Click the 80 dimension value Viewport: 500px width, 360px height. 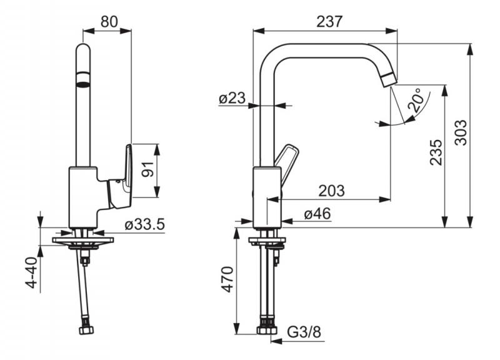click(x=109, y=22)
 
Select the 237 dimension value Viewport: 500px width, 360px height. click(x=329, y=22)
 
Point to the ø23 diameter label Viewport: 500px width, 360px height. click(x=232, y=98)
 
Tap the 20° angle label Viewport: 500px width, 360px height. click(x=417, y=99)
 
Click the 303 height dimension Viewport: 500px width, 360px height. click(x=461, y=132)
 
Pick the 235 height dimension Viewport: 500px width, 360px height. click(x=436, y=152)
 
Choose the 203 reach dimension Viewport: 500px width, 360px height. click(x=332, y=191)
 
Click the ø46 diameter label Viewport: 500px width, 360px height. click(x=317, y=214)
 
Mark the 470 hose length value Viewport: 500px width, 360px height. click(x=227, y=279)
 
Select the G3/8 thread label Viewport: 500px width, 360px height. click(x=304, y=332)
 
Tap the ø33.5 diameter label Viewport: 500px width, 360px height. click(x=144, y=224)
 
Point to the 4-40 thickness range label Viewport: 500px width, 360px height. click(x=32, y=272)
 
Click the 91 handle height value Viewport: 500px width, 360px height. click(x=147, y=169)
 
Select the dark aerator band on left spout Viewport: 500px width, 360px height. click(x=83, y=79)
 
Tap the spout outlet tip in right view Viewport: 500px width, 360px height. click(x=389, y=80)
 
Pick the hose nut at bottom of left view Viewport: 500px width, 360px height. click(x=86, y=329)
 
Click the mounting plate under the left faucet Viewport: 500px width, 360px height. click(x=83, y=240)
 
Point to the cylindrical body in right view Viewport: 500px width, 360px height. click(x=267, y=197)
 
